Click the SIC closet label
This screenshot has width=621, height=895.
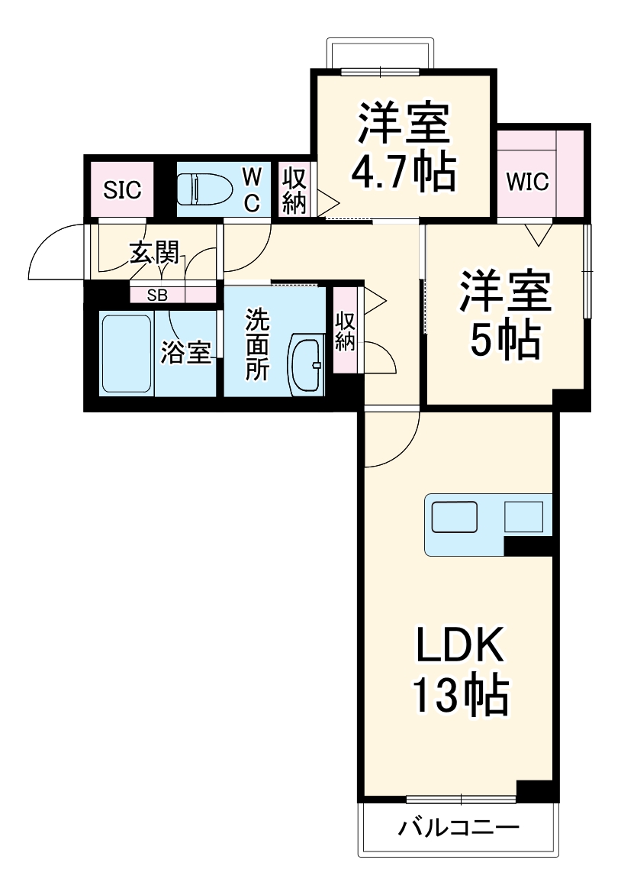pyautogui.click(x=123, y=189)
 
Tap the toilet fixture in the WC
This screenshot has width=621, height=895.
pyautogui.click(x=204, y=187)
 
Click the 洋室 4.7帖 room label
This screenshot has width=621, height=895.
pyautogui.click(x=403, y=147)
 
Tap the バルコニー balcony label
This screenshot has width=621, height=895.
pyautogui.click(x=459, y=828)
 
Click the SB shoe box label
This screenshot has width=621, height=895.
pyautogui.click(x=157, y=295)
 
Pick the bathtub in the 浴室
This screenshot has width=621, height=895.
pyautogui.click(x=127, y=353)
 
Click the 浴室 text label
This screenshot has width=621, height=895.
pyautogui.click(x=185, y=354)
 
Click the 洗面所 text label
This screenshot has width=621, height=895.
pyautogui.click(x=256, y=344)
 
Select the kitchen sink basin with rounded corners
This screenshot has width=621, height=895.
pyautogui.click(x=454, y=517)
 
